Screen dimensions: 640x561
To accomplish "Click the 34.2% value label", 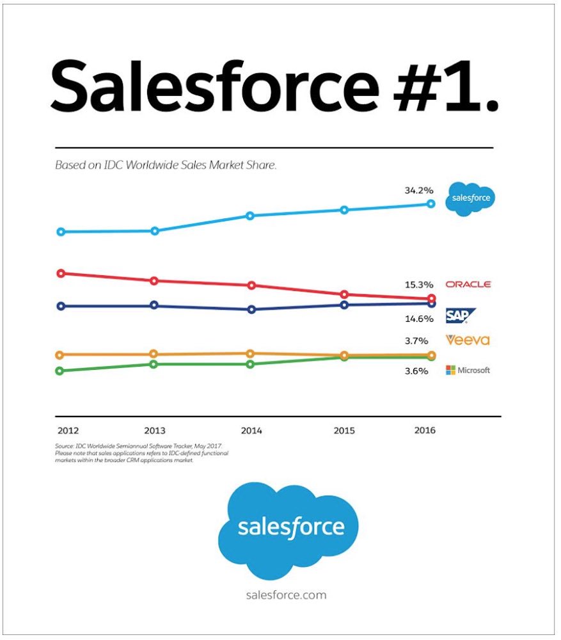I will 419,190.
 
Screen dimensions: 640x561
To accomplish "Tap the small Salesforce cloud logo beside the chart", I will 471,198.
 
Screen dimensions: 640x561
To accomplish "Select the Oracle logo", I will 468,284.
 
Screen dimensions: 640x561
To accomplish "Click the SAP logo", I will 459,314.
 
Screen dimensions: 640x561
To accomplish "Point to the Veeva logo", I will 468,340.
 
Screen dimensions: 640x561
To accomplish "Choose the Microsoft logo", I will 468,370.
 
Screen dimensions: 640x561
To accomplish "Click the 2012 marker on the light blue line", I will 61,232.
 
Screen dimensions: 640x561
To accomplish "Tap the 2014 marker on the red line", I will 251,285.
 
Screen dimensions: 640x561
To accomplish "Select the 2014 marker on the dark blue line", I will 251,309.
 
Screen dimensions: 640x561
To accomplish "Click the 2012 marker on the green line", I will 60,371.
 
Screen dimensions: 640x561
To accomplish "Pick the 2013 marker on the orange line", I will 154,354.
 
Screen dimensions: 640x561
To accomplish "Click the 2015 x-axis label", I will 344,431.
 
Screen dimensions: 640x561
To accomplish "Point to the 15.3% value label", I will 419,284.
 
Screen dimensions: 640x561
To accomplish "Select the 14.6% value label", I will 419,317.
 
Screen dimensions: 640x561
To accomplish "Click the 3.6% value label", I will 416,371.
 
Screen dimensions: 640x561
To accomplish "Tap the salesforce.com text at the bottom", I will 286,595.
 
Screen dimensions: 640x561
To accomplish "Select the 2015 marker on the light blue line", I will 344,210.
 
